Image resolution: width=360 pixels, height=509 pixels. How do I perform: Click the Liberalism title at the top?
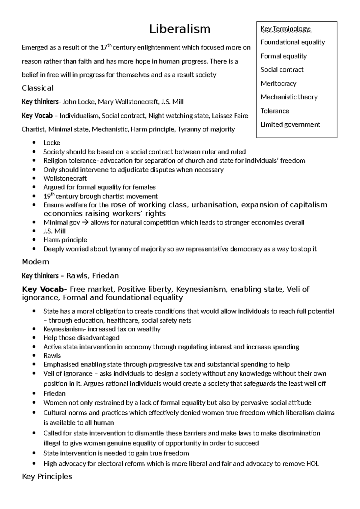(180, 29)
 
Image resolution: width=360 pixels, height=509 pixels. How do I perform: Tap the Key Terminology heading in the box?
(286, 29)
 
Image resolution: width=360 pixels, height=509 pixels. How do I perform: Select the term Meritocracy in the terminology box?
(278, 83)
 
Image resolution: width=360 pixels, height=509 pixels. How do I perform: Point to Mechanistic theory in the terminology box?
(289, 97)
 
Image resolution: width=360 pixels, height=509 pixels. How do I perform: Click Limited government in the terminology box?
(290, 124)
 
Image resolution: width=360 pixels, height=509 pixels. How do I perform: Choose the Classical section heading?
(37, 88)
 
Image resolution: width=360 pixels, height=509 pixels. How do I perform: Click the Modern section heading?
(35, 262)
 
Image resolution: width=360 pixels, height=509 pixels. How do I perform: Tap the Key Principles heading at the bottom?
(47, 476)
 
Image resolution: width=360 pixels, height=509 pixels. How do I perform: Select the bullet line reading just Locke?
(52, 143)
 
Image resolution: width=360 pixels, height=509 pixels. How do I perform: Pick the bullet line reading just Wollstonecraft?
(65, 178)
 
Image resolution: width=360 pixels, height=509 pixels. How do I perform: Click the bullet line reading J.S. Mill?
(54, 231)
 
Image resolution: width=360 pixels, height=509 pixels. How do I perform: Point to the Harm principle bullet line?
(65, 240)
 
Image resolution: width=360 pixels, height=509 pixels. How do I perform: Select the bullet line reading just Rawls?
(52, 356)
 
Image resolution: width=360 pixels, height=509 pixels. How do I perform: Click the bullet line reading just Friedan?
(54, 393)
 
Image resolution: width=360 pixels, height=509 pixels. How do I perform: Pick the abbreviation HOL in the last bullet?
(312, 464)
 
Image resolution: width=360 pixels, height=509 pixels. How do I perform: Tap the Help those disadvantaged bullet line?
(81, 338)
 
